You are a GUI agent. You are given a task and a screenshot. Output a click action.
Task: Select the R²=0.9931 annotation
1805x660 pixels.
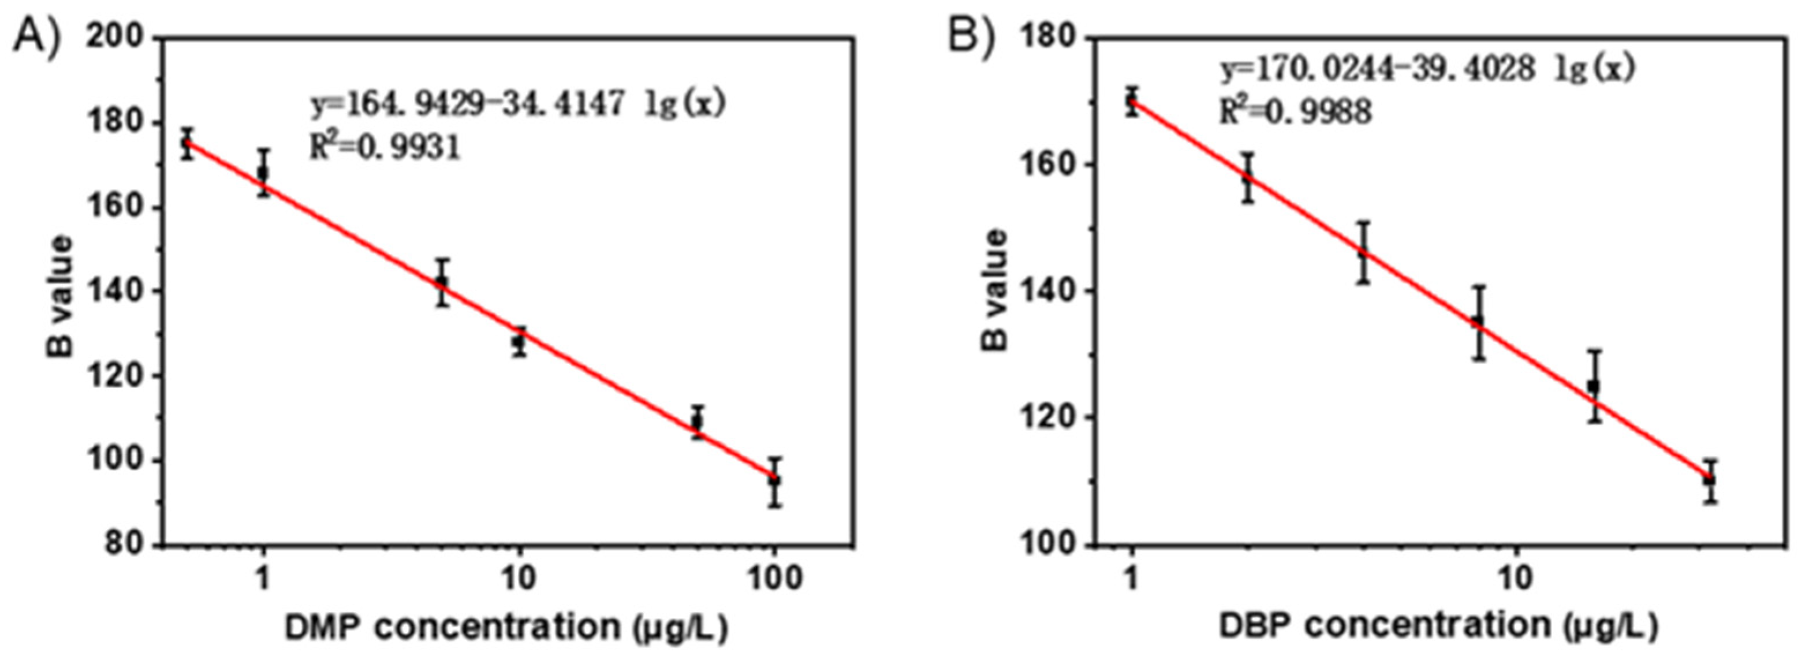(x=385, y=147)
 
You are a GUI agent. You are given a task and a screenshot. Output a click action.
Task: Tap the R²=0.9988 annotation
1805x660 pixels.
(x=1295, y=111)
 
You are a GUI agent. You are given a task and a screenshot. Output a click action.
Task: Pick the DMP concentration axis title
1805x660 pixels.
(x=506, y=627)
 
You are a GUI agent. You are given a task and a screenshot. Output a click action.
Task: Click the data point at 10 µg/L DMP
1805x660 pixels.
(x=519, y=342)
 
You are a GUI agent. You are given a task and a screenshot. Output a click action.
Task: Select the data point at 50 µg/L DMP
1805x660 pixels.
(x=696, y=422)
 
